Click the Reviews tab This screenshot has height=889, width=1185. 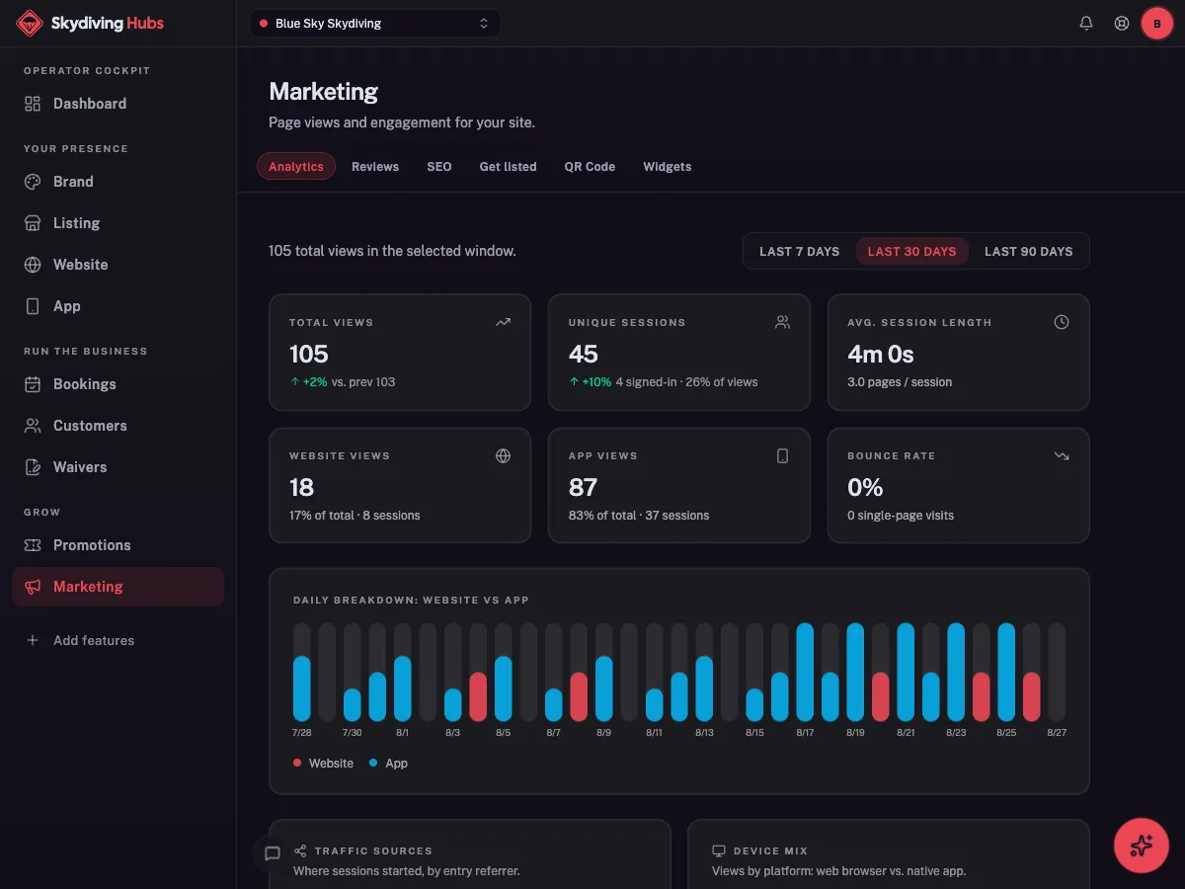click(x=374, y=166)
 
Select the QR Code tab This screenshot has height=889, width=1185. click(x=590, y=166)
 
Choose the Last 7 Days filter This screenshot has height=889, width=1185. click(x=799, y=251)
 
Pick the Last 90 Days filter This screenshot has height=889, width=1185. click(x=1028, y=251)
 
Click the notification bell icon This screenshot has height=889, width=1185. click(x=1085, y=23)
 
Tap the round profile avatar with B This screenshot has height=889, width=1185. click(x=1156, y=24)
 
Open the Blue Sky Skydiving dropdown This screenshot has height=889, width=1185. click(x=374, y=23)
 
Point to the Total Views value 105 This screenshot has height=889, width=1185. click(x=309, y=354)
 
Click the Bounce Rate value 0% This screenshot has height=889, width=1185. click(x=865, y=487)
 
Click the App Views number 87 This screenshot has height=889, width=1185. click(x=583, y=487)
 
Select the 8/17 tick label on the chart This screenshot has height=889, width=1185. click(x=805, y=733)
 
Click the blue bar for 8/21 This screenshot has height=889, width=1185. click(x=906, y=672)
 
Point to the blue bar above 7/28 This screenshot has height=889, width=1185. click(x=302, y=688)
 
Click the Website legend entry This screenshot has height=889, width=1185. click(x=323, y=764)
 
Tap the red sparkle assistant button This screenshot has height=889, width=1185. click(x=1141, y=846)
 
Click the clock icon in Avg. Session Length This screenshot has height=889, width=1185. click(x=1061, y=322)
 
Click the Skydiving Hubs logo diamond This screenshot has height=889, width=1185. click(x=30, y=23)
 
